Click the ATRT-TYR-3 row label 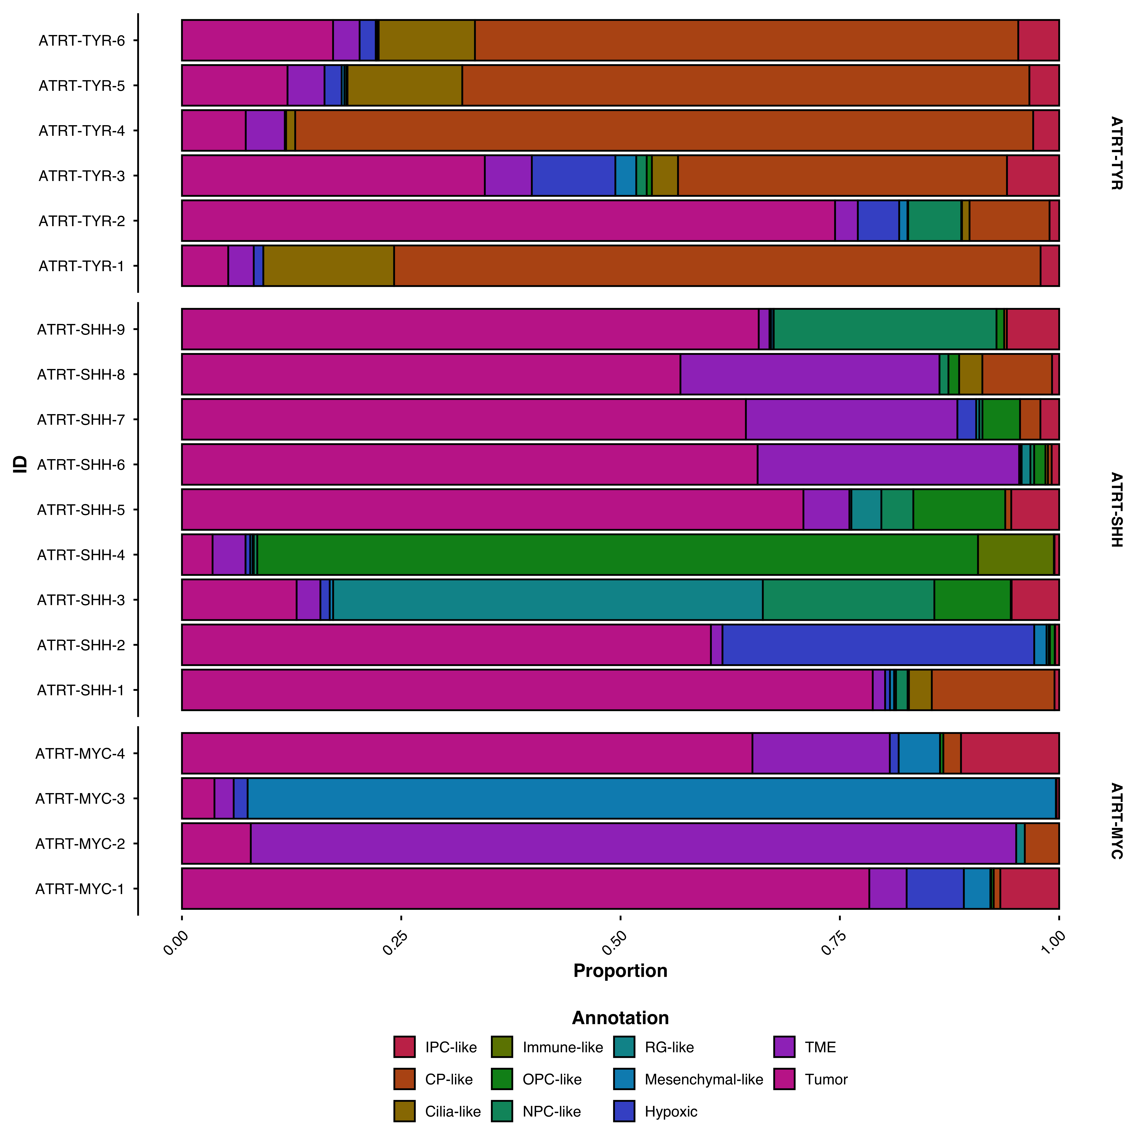click(x=82, y=176)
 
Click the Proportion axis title click(x=620, y=971)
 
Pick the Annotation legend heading click(x=620, y=1018)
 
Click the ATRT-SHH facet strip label click(x=1116, y=510)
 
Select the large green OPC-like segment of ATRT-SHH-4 click(x=618, y=555)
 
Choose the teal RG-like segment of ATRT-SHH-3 click(x=548, y=600)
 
